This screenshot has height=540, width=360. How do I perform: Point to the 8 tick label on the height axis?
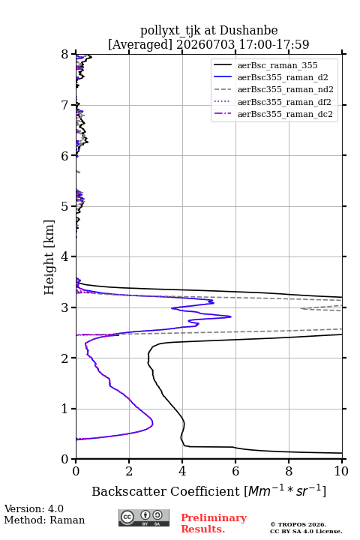point(65,55)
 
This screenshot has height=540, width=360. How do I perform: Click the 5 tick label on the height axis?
point(65,206)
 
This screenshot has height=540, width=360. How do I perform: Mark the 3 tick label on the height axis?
point(65,307)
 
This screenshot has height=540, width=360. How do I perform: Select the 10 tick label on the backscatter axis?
point(341,471)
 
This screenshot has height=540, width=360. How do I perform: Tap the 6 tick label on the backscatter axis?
point(235,471)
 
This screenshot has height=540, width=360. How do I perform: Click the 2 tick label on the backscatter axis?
point(129,471)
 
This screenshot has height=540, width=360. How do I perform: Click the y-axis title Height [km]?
point(49,257)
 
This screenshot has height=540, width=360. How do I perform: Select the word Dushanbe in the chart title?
point(248,31)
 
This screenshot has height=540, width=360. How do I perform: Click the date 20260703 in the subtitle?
point(205,44)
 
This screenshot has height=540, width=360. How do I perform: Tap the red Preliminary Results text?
point(214,523)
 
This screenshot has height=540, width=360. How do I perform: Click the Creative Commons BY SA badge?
point(144,518)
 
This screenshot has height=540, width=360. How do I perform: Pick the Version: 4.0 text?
point(34,508)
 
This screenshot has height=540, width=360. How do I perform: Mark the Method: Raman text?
point(44,520)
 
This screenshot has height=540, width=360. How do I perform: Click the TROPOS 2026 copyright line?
point(298,524)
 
